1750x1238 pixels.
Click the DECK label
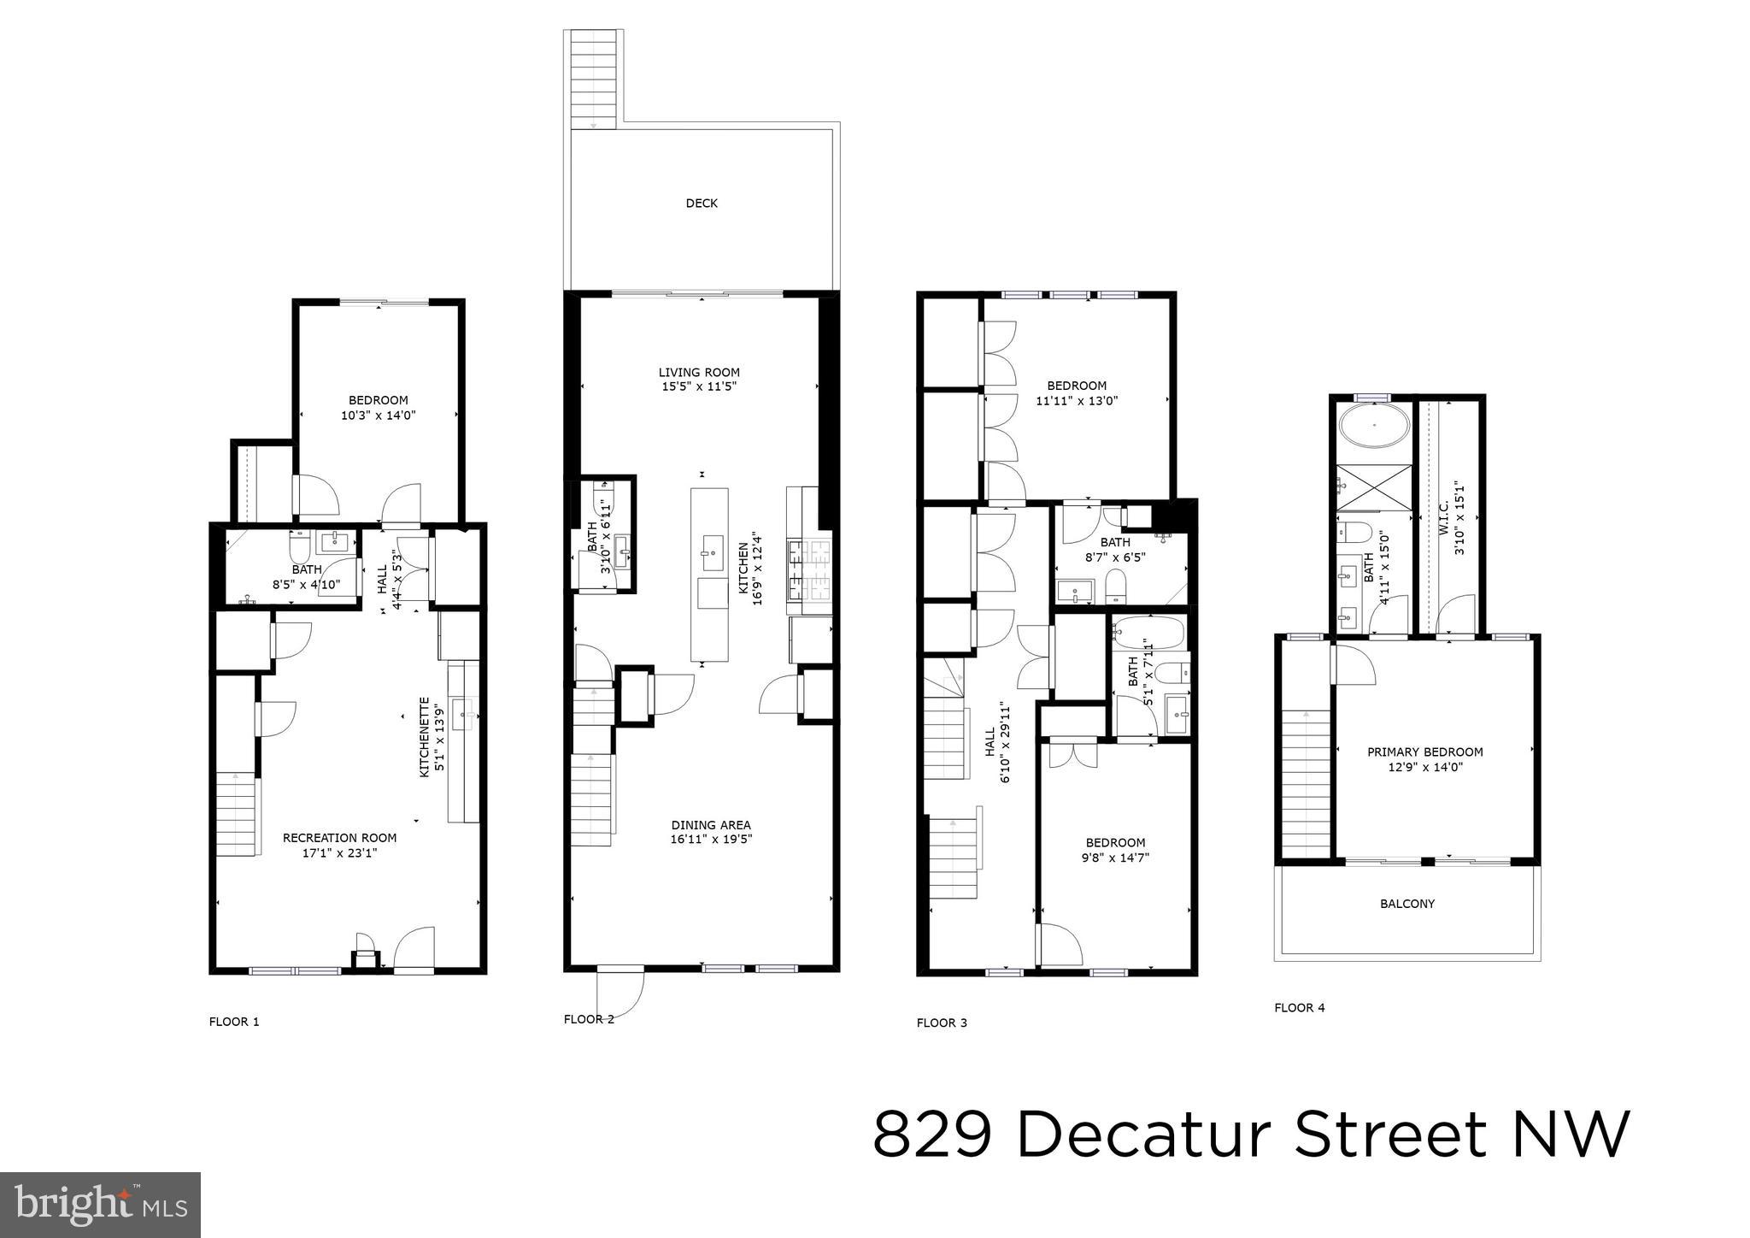(702, 203)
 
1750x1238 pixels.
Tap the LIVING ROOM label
(699, 372)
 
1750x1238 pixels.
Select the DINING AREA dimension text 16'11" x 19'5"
(711, 840)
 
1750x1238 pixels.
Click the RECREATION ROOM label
(339, 838)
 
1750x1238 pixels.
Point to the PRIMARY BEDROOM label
(1424, 752)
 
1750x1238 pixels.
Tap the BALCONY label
(1407, 904)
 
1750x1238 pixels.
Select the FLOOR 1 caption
(233, 1022)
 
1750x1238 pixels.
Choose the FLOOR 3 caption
(942, 1023)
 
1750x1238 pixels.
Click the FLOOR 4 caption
(1299, 1008)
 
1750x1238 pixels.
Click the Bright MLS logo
(100, 1206)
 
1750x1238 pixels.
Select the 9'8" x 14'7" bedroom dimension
(1115, 858)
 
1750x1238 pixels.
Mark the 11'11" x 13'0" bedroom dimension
(1077, 400)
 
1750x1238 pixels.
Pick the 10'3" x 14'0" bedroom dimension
(378, 416)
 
